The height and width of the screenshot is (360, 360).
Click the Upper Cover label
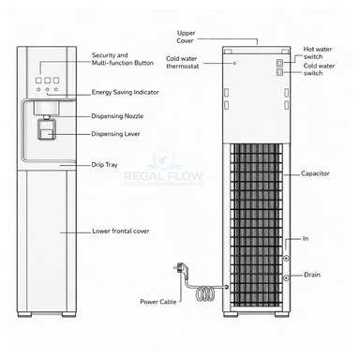(187, 37)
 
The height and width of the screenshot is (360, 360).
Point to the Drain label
(313, 275)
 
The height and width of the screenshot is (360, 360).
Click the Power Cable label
(158, 302)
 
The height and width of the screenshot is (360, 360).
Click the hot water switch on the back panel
(278, 61)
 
